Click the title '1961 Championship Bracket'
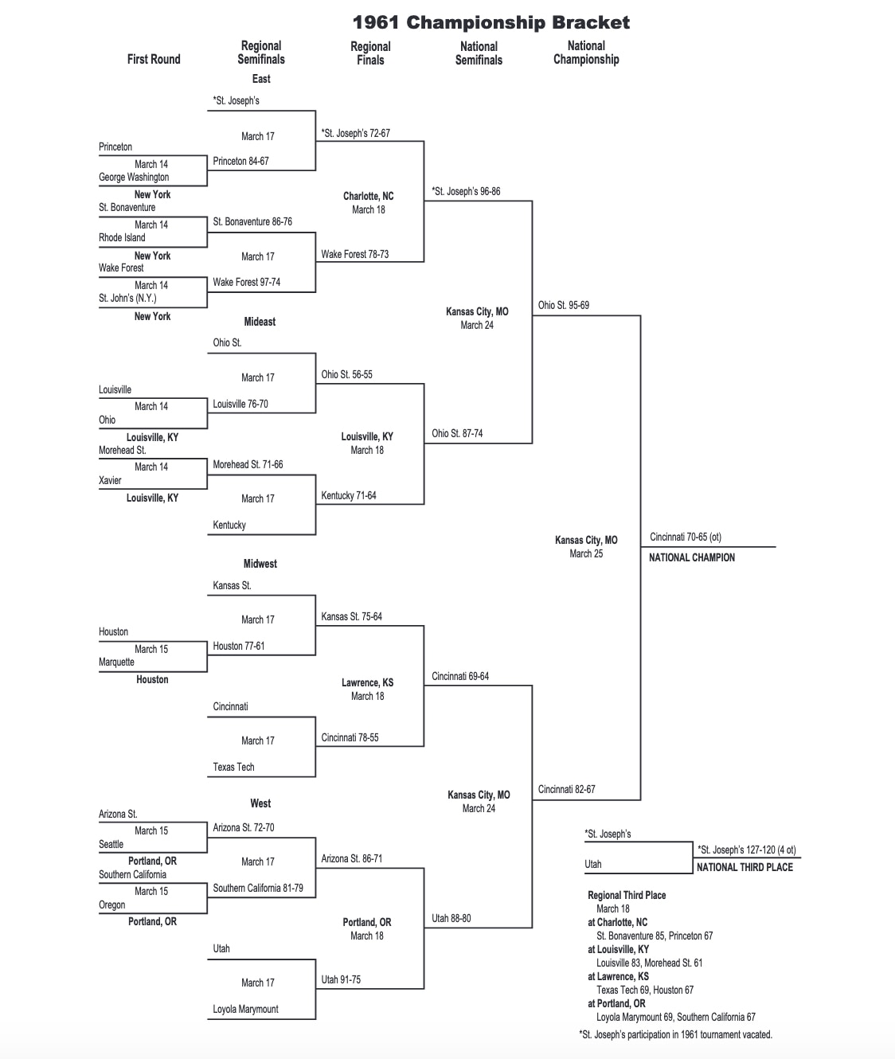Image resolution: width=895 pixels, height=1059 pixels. (x=490, y=22)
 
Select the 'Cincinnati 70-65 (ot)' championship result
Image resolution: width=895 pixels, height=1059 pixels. (x=685, y=537)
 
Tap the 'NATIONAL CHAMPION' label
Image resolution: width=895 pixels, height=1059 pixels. (x=691, y=557)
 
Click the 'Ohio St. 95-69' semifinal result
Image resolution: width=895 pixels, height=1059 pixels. (x=563, y=305)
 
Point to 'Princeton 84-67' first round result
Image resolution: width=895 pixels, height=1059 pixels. (x=240, y=161)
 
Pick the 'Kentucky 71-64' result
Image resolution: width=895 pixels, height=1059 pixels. (x=348, y=495)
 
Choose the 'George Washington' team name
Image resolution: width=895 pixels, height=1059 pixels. (x=134, y=177)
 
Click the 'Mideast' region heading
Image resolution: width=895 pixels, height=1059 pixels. (x=260, y=322)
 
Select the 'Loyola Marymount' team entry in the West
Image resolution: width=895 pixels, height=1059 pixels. (x=245, y=1009)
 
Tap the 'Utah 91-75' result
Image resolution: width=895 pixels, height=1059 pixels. (x=341, y=979)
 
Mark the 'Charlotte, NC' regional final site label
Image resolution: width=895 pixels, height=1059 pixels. (x=368, y=196)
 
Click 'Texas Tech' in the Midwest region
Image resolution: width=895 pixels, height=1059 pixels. (x=233, y=767)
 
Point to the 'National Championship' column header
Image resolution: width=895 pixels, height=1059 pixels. (x=586, y=53)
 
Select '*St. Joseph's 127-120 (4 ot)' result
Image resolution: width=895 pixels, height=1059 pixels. (x=746, y=850)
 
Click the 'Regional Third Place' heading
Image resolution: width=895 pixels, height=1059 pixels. (x=627, y=895)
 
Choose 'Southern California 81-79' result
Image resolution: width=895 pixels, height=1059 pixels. (x=257, y=888)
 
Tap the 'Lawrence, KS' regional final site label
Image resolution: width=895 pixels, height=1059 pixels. (x=367, y=682)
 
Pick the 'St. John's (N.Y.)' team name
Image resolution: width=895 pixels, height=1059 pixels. (x=127, y=298)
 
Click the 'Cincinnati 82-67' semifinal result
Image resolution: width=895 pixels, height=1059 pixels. (x=566, y=789)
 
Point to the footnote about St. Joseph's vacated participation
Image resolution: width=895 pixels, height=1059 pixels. (x=675, y=1034)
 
